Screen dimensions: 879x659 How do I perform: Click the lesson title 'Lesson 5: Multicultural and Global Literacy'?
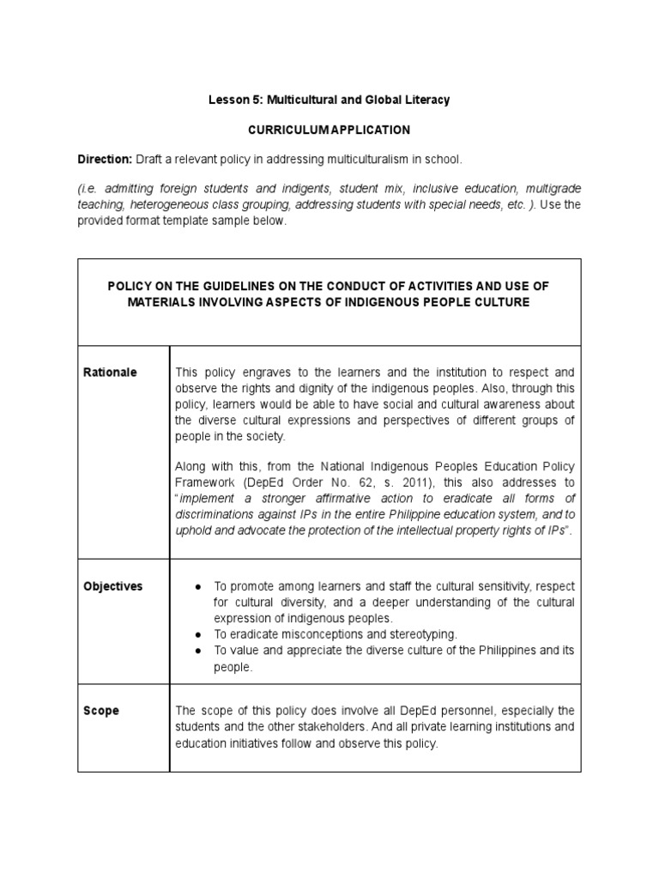(x=329, y=100)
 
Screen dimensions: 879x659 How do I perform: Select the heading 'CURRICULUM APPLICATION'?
(x=329, y=130)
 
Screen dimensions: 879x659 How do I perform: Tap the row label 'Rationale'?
(x=110, y=373)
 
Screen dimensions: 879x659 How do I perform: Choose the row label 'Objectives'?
(x=113, y=587)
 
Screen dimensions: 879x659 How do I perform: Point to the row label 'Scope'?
(x=101, y=711)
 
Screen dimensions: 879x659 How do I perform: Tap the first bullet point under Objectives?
(x=197, y=587)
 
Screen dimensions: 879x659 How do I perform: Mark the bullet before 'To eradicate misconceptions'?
(x=197, y=634)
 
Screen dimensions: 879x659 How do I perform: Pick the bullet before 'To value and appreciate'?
(x=197, y=651)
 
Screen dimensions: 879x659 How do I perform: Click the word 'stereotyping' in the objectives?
(x=424, y=634)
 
